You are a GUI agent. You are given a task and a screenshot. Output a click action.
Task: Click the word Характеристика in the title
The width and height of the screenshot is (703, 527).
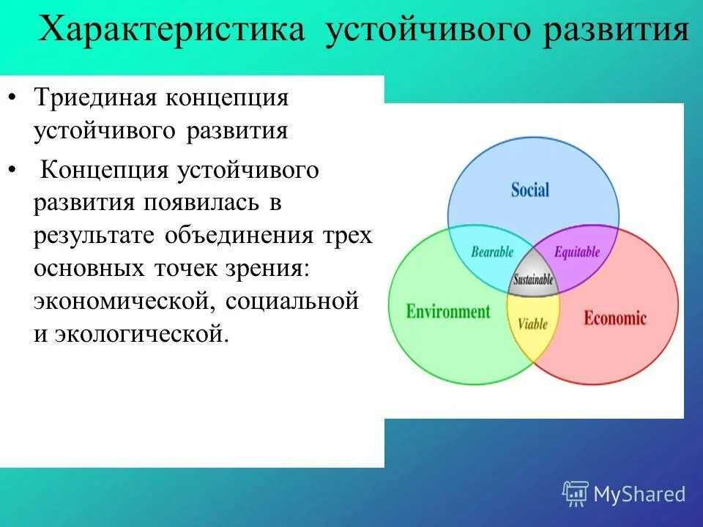coord(171,31)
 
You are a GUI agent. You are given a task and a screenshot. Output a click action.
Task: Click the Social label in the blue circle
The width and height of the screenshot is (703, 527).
coord(529,190)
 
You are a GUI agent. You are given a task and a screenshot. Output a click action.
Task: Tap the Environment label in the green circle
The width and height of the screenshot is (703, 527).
coord(447,312)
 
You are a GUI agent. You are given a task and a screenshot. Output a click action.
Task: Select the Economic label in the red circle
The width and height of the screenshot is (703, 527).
coord(614,318)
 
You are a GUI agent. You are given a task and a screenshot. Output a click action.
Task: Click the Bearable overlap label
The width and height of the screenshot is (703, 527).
coord(491,253)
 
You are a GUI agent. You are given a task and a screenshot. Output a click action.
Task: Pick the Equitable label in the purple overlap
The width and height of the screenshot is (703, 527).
coord(576,253)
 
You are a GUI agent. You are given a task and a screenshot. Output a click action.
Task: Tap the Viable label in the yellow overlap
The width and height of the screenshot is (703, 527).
coord(532,323)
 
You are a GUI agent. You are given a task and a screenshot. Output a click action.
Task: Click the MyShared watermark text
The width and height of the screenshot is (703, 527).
coord(639,494)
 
